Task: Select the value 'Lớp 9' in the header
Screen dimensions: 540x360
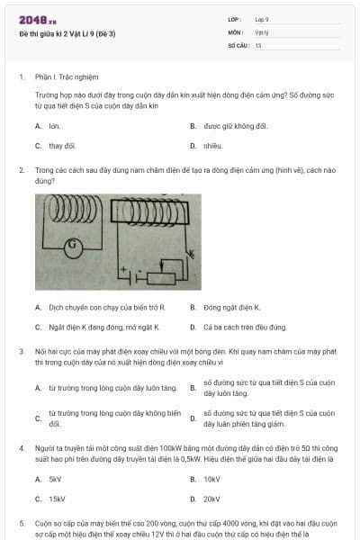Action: pyautogui.click(x=262, y=19)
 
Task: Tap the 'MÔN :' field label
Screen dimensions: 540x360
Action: pyautogui.click(x=236, y=31)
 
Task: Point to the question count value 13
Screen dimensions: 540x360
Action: pyautogui.click(x=258, y=44)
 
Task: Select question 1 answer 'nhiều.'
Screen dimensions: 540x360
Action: pyautogui.click(x=212, y=145)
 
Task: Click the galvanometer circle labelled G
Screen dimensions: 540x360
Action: pyautogui.click(x=76, y=245)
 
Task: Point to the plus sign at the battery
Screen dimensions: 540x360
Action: pyautogui.click(x=122, y=270)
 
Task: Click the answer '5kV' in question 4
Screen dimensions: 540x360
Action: pyautogui.click(x=55, y=480)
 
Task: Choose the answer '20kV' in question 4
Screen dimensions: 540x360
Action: pyautogui.click(x=211, y=499)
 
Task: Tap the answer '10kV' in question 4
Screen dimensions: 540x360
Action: pyautogui.click(x=211, y=480)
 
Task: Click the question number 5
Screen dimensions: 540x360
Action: pyautogui.click(x=22, y=522)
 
